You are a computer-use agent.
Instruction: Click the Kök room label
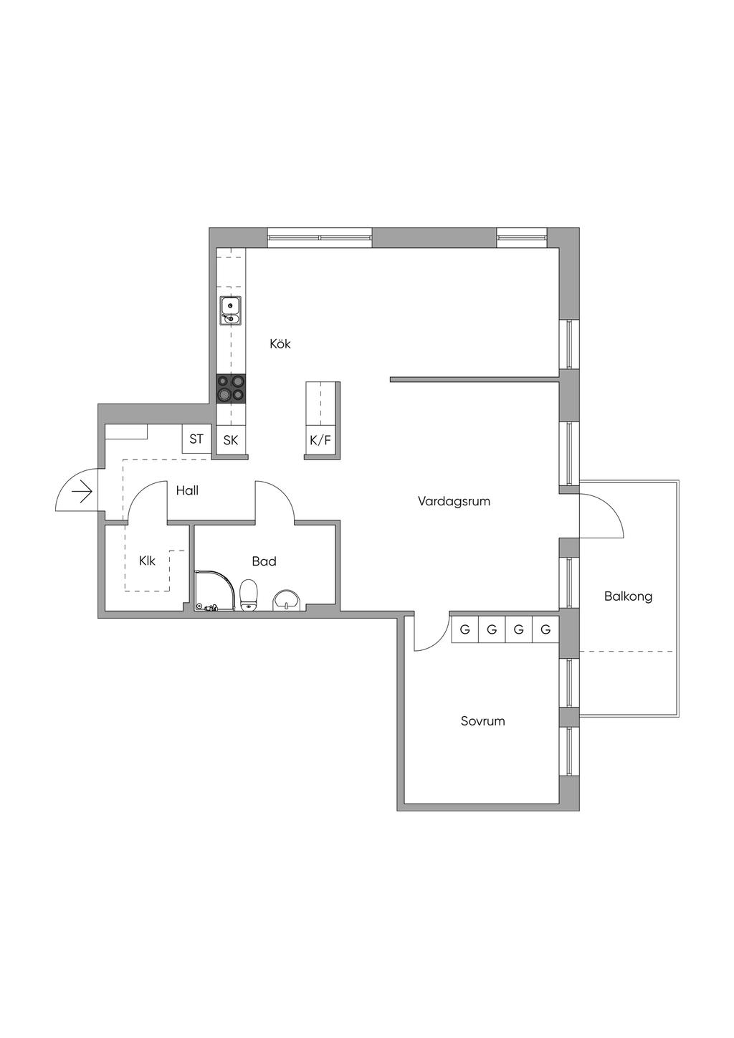[x=280, y=344]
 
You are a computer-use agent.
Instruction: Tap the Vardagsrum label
[x=454, y=501]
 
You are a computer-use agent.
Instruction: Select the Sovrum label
[x=482, y=721]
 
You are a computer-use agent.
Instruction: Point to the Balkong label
[x=628, y=596]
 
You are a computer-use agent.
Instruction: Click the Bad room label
[x=264, y=561]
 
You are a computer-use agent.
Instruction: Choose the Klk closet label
[x=147, y=561]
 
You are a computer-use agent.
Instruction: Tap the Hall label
[x=187, y=490]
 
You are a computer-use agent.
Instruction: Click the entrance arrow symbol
[x=82, y=492]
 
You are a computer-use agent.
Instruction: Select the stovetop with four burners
[x=232, y=389]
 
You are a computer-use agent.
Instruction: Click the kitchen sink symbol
[x=230, y=310]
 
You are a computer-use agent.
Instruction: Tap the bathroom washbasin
[x=287, y=601]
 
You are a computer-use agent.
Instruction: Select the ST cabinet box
[x=196, y=439]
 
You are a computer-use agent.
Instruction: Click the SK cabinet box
[x=231, y=440]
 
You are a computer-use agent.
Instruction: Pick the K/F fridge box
[x=320, y=440]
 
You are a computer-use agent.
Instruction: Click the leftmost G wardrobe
[x=464, y=629]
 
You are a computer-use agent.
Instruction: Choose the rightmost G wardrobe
[x=546, y=629]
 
